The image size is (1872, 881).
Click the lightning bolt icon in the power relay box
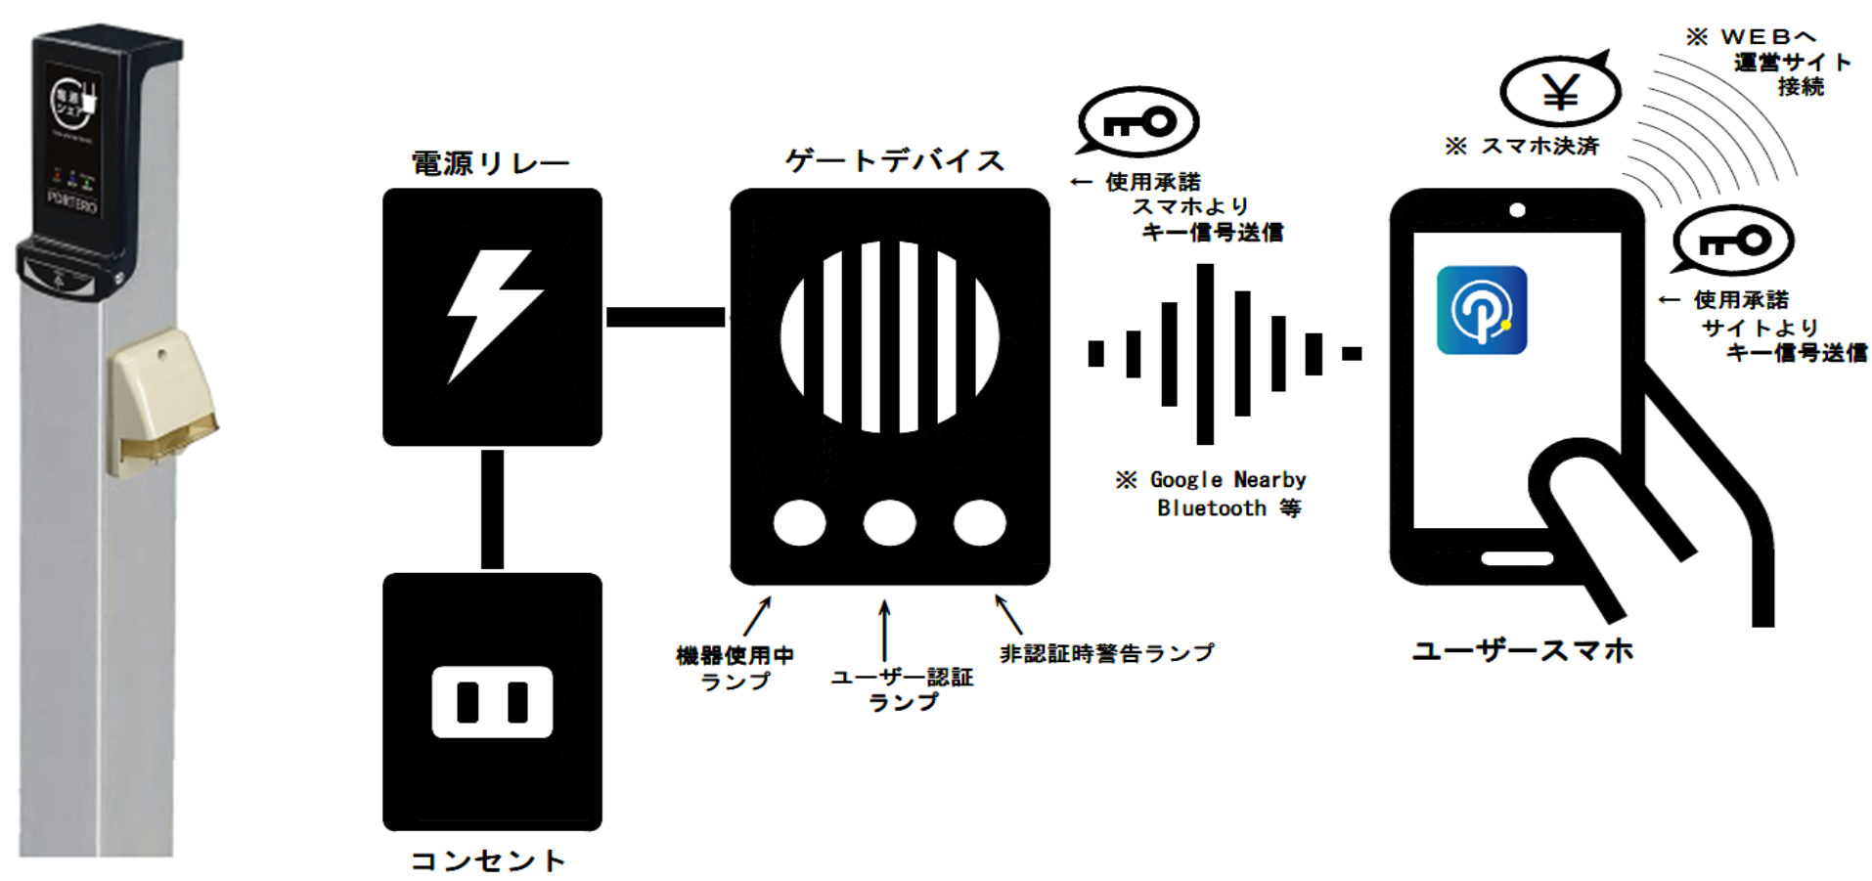492,315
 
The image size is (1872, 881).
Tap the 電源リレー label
490,163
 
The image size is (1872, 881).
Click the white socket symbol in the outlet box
492,702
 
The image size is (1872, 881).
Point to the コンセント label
488,860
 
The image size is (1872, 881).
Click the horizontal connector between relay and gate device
665,317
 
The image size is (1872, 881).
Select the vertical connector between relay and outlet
492,508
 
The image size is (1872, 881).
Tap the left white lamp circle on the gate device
799,522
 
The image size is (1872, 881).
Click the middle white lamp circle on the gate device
889,522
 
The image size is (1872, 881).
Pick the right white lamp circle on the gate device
979,522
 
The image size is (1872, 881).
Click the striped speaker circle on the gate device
889,336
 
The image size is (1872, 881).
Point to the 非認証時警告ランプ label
1106,653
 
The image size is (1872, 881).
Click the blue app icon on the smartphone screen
1481,310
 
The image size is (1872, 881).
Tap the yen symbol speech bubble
1560,92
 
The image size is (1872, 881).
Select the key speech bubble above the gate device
1138,122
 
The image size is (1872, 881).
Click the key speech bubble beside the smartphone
1733,241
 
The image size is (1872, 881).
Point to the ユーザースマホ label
1522,651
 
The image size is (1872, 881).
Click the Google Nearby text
1227,480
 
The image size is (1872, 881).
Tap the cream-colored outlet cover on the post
161,401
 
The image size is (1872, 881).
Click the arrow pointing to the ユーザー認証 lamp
884,631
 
